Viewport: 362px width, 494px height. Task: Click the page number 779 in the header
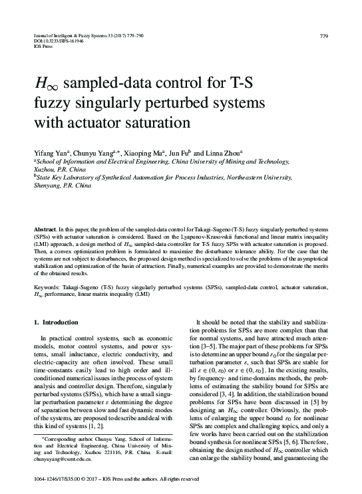pyautogui.click(x=323, y=35)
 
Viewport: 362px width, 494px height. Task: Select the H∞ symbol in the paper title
pyautogui.click(x=45, y=86)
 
